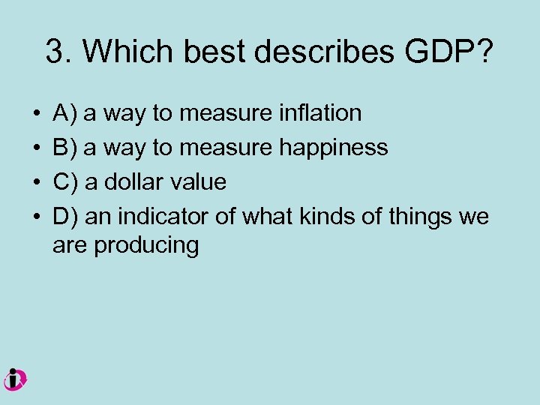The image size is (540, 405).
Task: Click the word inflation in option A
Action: pyautogui.click(x=319, y=113)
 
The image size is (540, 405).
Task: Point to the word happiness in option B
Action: pyautogui.click(x=334, y=148)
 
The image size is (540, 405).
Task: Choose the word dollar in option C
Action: pyautogui.click(x=132, y=182)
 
